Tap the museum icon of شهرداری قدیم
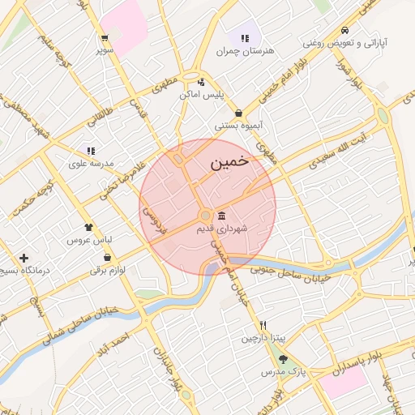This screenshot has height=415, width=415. [x=221, y=215]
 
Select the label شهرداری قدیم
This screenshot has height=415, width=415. [x=222, y=229]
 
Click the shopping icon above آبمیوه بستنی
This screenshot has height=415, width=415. [x=238, y=113]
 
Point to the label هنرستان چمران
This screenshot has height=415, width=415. [x=246, y=50]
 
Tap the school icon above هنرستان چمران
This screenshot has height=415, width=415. [x=245, y=37]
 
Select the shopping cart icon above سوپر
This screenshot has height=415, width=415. [x=105, y=37]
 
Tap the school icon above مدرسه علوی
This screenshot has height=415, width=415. [x=91, y=150]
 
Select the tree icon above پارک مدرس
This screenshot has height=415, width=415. [x=282, y=359]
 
